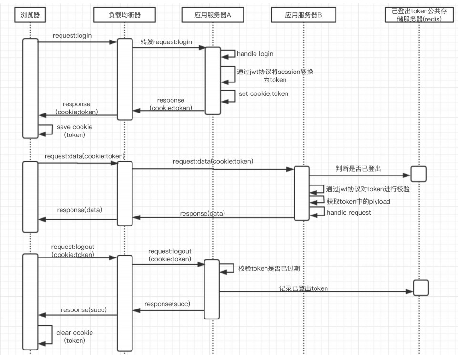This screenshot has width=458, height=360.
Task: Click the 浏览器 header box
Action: coord(30,15)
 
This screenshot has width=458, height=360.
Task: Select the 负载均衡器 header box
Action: coord(124,15)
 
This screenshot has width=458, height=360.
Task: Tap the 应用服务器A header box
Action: coord(213,15)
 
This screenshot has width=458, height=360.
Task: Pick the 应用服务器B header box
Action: coord(304,15)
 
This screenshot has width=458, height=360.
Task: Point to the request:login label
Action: coord(72,36)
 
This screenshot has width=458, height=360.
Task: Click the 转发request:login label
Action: coord(166,42)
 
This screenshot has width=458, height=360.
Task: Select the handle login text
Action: coord(255,54)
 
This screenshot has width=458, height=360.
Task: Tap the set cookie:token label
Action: coord(264,93)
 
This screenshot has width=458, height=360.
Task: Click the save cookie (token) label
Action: coord(74,131)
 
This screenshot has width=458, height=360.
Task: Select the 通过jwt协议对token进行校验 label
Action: coord(367,189)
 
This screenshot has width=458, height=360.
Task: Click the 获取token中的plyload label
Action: coord(358,201)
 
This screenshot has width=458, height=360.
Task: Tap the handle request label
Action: coord(348,212)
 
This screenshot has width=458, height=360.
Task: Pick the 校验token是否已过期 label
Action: coord(269,268)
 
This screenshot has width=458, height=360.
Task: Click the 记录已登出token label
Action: coord(304,289)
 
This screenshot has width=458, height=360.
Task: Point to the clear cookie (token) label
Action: coord(74,336)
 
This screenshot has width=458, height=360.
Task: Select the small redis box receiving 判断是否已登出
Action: coord(418,174)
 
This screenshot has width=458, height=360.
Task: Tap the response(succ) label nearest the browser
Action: coord(83,310)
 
